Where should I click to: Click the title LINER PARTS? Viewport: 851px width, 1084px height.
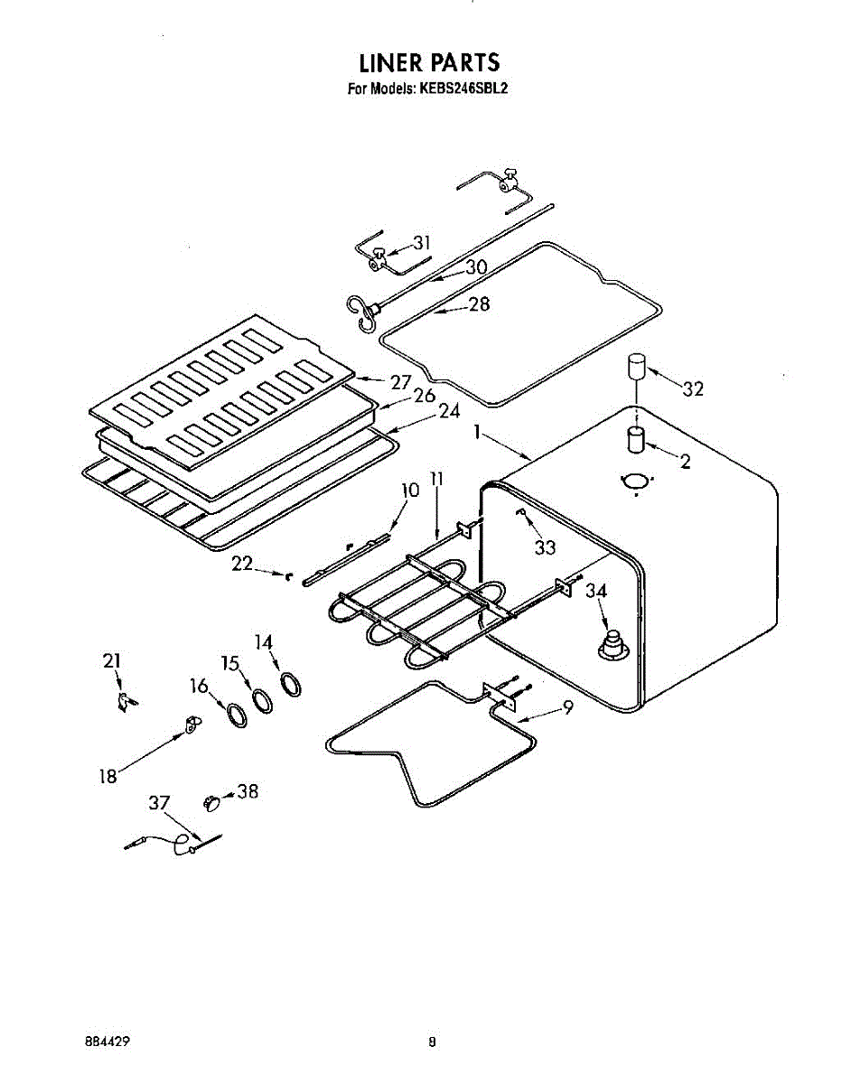click(429, 63)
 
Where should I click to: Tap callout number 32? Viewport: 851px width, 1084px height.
click(693, 389)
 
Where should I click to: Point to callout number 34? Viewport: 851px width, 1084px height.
click(596, 593)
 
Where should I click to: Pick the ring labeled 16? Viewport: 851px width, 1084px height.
click(237, 715)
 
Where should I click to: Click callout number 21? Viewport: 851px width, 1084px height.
click(111, 662)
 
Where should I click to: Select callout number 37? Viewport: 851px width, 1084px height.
click(160, 802)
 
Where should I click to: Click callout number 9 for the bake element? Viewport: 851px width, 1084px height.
click(567, 709)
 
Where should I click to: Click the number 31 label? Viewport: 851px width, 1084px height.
click(422, 242)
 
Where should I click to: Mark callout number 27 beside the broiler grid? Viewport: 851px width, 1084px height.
click(401, 382)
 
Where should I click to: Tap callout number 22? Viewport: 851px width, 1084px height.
click(242, 564)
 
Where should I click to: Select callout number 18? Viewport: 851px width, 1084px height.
click(108, 775)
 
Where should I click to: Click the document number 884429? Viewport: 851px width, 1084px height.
click(106, 1040)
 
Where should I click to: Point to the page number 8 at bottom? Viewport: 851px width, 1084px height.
click(433, 1041)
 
